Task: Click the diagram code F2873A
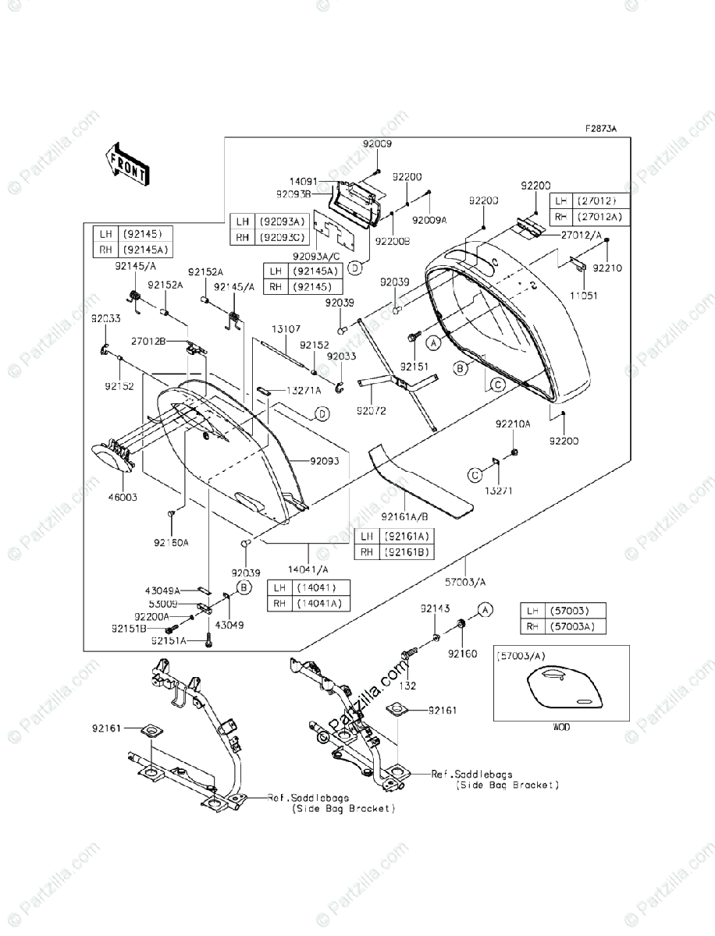coord(601,129)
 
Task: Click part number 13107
coord(286,330)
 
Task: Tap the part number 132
coord(407,686)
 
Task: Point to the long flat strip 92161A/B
coord(422,484)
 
